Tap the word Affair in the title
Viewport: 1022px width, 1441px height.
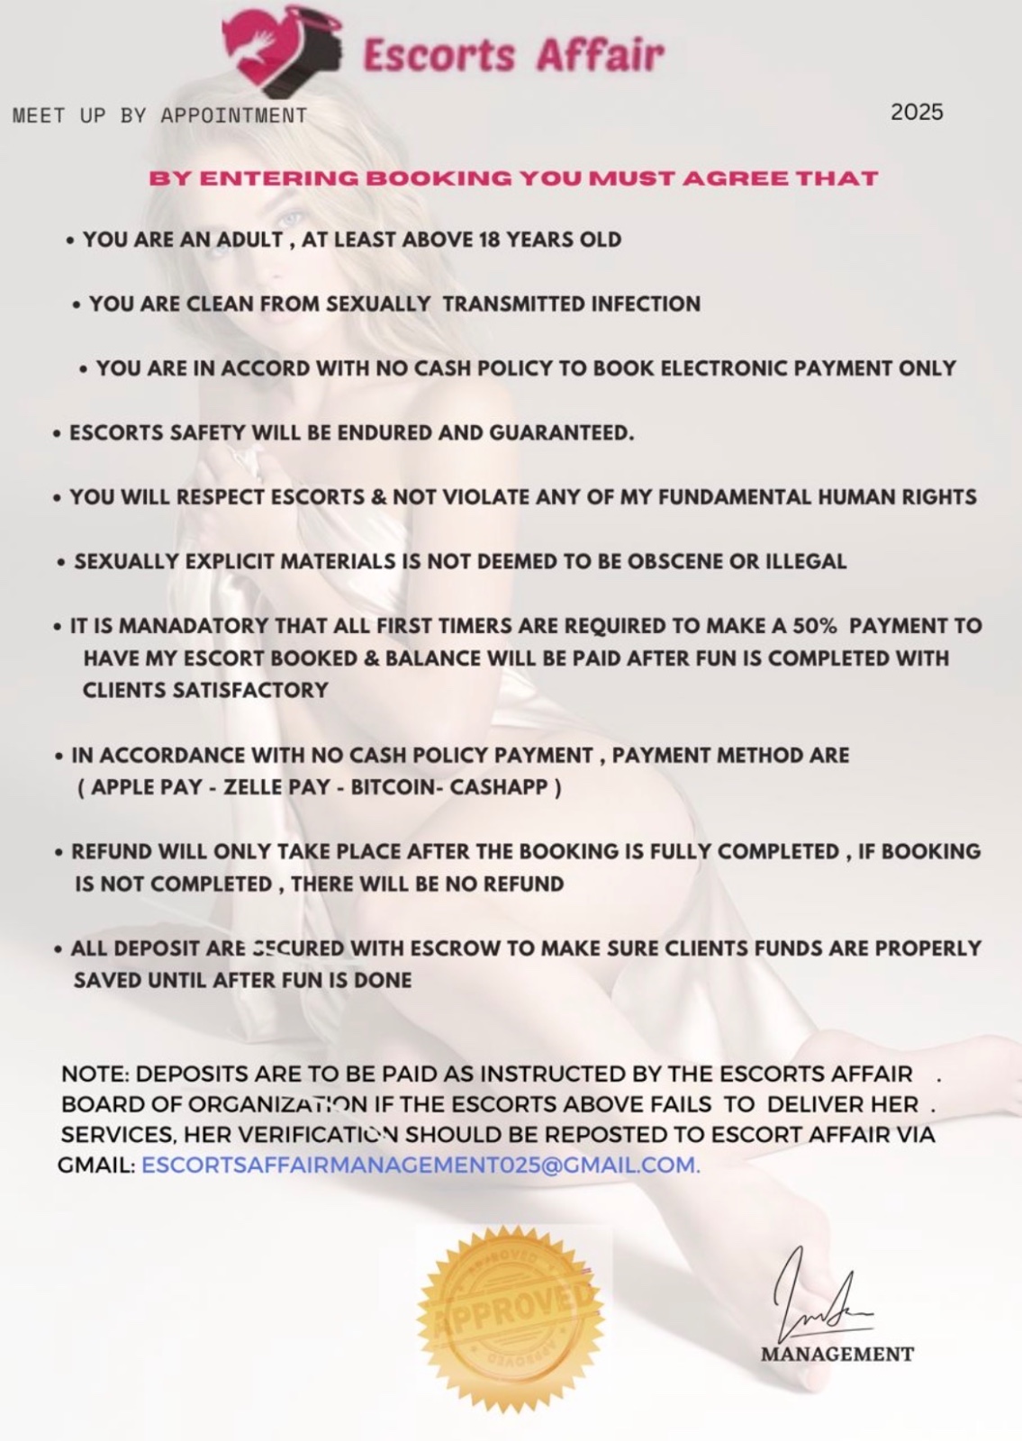[600, 56]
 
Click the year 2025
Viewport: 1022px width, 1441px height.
[917, 112]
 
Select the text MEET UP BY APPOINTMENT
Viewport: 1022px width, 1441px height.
[160, 115]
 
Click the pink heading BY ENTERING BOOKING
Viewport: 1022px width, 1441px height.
[513, 177]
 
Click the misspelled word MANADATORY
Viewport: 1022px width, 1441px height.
[194, 625]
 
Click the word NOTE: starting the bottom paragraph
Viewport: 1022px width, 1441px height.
[95, 1074]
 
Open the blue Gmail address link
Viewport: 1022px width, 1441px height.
[421, 1165]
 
